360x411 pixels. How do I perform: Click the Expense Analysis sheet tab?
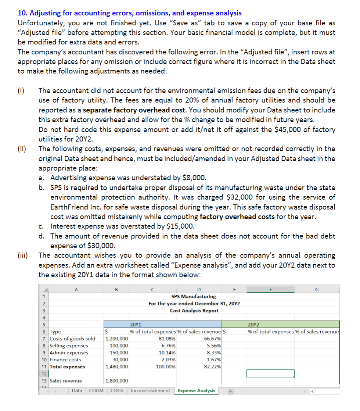point(197,390)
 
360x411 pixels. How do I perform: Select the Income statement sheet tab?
point(150,390)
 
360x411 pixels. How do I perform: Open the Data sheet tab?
point(77,390)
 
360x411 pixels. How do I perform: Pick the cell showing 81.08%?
point(168,339)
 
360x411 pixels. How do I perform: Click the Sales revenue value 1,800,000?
point(117,381)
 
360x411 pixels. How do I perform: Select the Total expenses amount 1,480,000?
point(117,367)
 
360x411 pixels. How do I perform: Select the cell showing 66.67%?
point(212,339)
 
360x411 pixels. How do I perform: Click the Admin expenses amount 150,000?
point(119,353)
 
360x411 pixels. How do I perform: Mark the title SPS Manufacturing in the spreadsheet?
point(194,296)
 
